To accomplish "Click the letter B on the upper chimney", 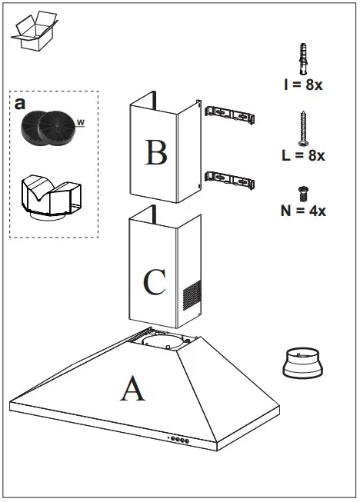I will pos(156,151).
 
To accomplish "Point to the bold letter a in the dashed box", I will pos(20,102).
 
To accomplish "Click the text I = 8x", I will pos(303,85).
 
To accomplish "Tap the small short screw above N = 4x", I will pos(302,192).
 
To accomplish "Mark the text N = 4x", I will pos(303,210).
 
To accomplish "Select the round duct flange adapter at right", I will pos(303,363).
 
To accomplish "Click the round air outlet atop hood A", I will pos(165,341).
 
